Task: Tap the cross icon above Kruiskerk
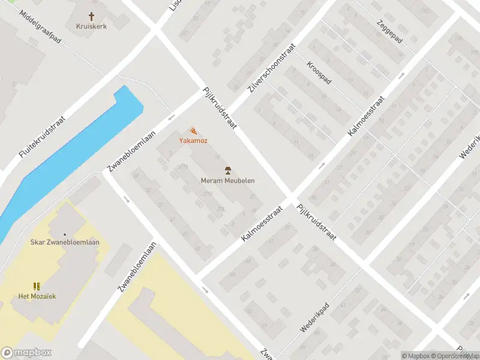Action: point(92,16)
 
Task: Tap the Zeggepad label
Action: point(390,32)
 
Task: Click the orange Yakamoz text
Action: point(193,140)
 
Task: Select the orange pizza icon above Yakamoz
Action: point(193,130)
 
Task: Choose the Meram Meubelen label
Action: point(227,181)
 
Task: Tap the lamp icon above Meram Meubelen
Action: point(227,170)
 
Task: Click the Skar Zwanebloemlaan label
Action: point(65,242)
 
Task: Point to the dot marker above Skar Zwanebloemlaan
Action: point(65,235)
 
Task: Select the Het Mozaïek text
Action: point(37,296)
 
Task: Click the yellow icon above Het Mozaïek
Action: point(37,286)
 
